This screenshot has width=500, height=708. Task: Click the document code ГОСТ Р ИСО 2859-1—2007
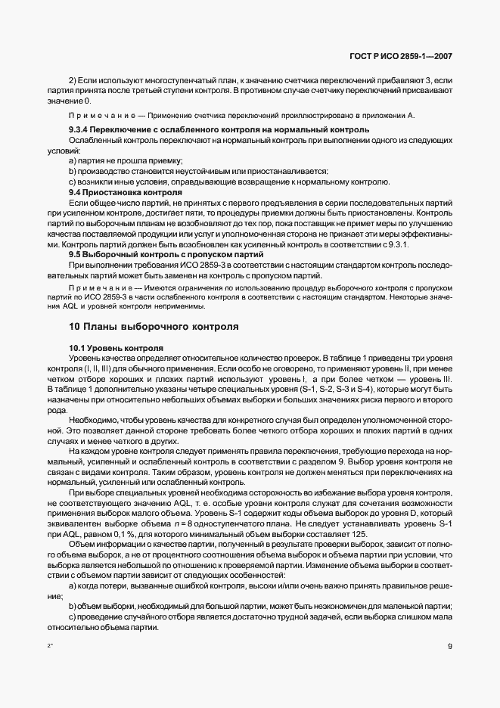410,57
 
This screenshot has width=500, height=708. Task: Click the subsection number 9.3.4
79,130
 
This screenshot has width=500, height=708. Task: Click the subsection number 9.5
76,255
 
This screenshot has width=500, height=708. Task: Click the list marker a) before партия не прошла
73,161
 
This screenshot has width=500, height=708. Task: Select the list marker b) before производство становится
73,172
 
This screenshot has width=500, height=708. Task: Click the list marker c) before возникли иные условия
73,182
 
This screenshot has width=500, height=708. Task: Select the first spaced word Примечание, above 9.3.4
103,115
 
